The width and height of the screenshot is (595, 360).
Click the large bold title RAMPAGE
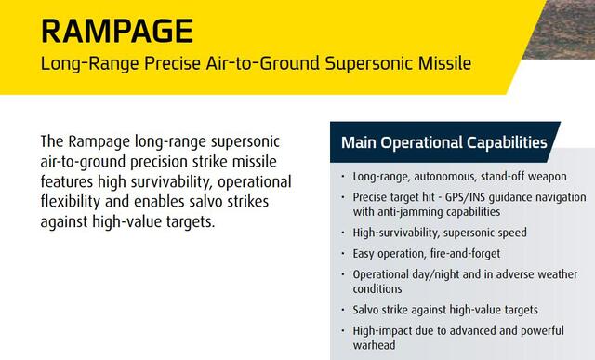[117, 31]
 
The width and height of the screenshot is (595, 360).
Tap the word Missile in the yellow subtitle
[444, 63]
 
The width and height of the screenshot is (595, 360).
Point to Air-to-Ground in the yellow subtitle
[262, 63]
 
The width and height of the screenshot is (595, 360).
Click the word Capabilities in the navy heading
[507, 142]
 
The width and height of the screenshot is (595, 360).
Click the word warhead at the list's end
[374, 345]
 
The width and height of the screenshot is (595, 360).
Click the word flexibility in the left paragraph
[71, 202]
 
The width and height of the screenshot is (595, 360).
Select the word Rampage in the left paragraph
[99, 142]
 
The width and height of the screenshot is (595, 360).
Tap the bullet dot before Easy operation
[343, 253]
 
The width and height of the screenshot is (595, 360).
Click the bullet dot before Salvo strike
[343, 310]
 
